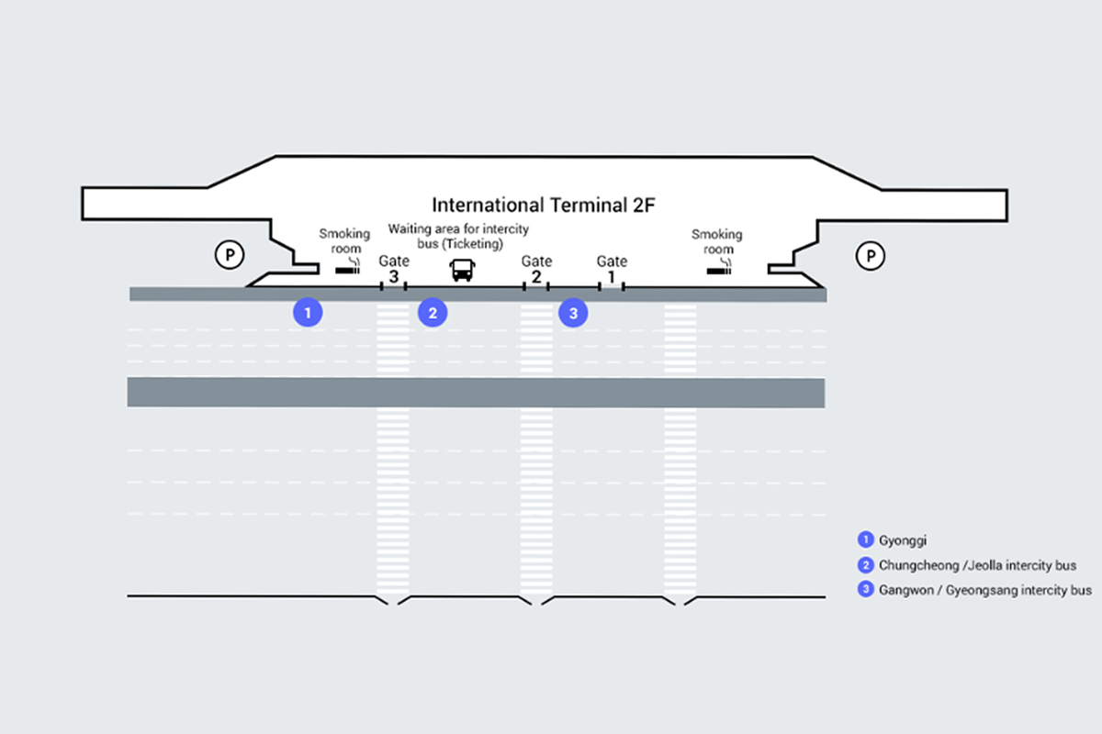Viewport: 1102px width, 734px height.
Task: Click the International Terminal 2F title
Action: (544, 205)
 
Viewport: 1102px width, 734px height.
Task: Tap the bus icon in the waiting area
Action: (462, 270)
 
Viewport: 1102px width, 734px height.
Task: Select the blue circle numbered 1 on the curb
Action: (308, 313)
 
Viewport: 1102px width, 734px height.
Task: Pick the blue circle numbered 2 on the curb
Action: (433, 313)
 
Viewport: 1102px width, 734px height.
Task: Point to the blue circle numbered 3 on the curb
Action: (573, 313)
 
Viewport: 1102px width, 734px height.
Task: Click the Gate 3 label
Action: (394, 269)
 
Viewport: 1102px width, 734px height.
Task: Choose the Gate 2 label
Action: (537, 269)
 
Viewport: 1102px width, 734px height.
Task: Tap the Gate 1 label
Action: (612, 269)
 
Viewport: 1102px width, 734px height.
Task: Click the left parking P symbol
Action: (228, 254)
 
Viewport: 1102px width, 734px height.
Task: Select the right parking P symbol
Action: (869, 254)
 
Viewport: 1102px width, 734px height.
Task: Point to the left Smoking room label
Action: (344, 241)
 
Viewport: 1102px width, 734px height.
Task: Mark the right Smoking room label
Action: (717, 241)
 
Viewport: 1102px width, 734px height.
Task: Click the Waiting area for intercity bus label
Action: (458, 235)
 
